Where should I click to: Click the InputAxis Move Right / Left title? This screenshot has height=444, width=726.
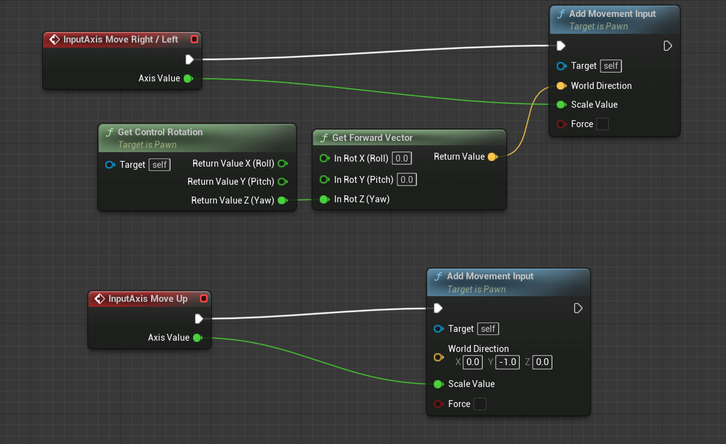120,39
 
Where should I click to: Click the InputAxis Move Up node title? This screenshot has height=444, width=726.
148,299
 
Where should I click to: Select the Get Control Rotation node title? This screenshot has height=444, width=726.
160,132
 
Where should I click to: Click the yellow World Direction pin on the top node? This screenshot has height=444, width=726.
560,86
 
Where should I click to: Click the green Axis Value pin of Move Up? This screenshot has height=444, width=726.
197,338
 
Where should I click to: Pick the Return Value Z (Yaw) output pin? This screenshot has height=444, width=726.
281,200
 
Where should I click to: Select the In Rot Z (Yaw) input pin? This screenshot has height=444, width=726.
324,199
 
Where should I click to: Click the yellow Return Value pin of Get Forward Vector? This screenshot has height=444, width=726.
492,157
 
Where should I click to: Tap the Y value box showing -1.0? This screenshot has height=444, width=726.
507,362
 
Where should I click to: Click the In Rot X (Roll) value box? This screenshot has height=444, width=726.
402,158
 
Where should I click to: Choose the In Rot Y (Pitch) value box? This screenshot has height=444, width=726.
407,180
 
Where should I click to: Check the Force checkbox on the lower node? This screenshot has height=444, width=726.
480,404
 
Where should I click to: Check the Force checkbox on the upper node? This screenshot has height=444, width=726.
602,124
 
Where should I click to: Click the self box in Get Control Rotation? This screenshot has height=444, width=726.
159,165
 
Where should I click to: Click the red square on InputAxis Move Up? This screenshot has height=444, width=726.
203,299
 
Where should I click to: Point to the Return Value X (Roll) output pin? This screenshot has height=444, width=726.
282,163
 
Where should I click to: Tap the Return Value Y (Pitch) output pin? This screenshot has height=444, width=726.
282,182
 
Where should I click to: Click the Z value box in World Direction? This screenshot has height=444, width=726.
542,362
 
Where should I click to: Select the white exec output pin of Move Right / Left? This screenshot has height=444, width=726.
189,59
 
